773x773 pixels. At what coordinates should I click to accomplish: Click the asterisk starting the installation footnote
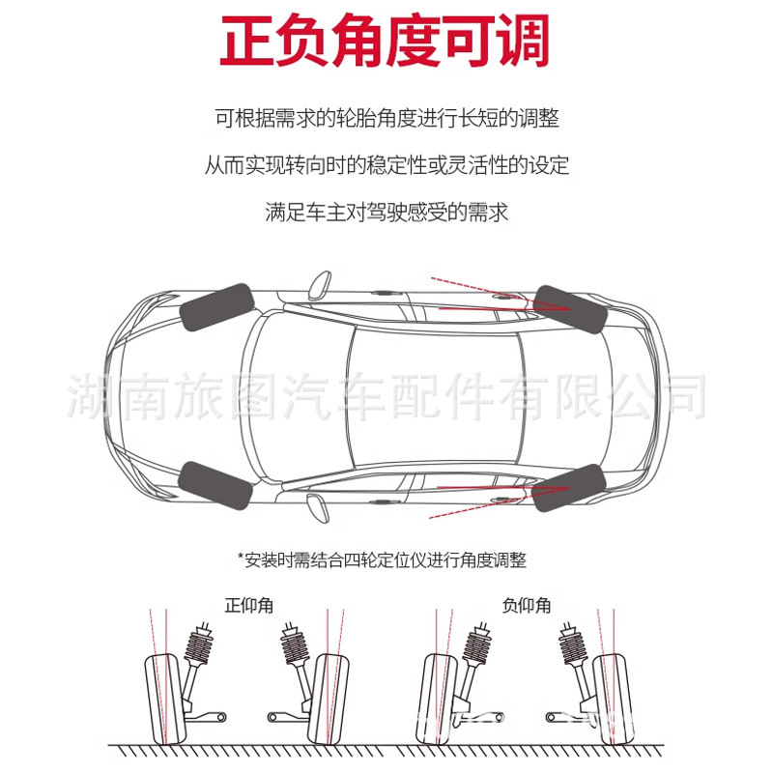[241, 558]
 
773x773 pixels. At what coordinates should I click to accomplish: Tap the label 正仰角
[249, 606]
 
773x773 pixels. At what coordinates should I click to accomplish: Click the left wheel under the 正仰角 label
[165, 698]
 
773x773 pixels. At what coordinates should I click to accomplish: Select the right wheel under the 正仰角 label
[330, 698]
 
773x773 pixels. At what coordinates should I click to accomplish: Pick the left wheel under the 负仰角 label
[440, 698]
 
